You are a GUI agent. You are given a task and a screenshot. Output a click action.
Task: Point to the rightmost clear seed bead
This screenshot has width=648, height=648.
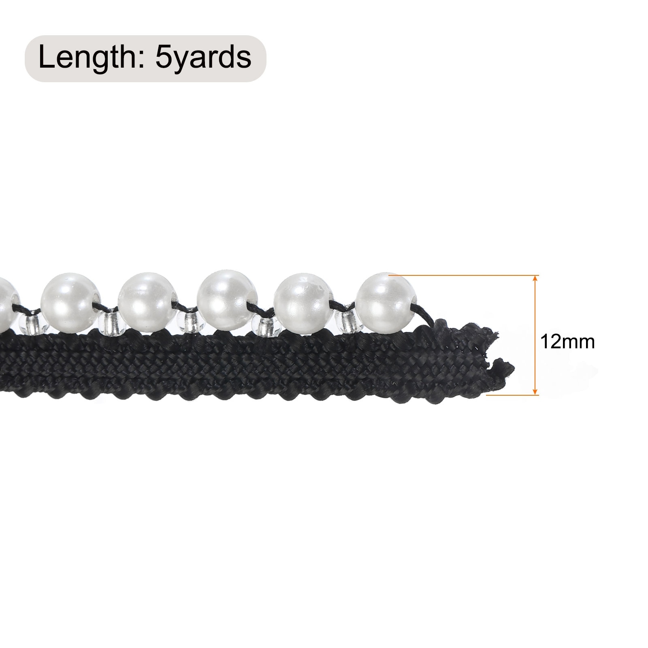tap(347, 321)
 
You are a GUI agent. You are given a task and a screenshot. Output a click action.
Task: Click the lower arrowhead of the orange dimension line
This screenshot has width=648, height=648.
tap(535, 391)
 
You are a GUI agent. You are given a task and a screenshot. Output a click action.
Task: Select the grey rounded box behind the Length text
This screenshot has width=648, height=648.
tap(145, 59)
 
